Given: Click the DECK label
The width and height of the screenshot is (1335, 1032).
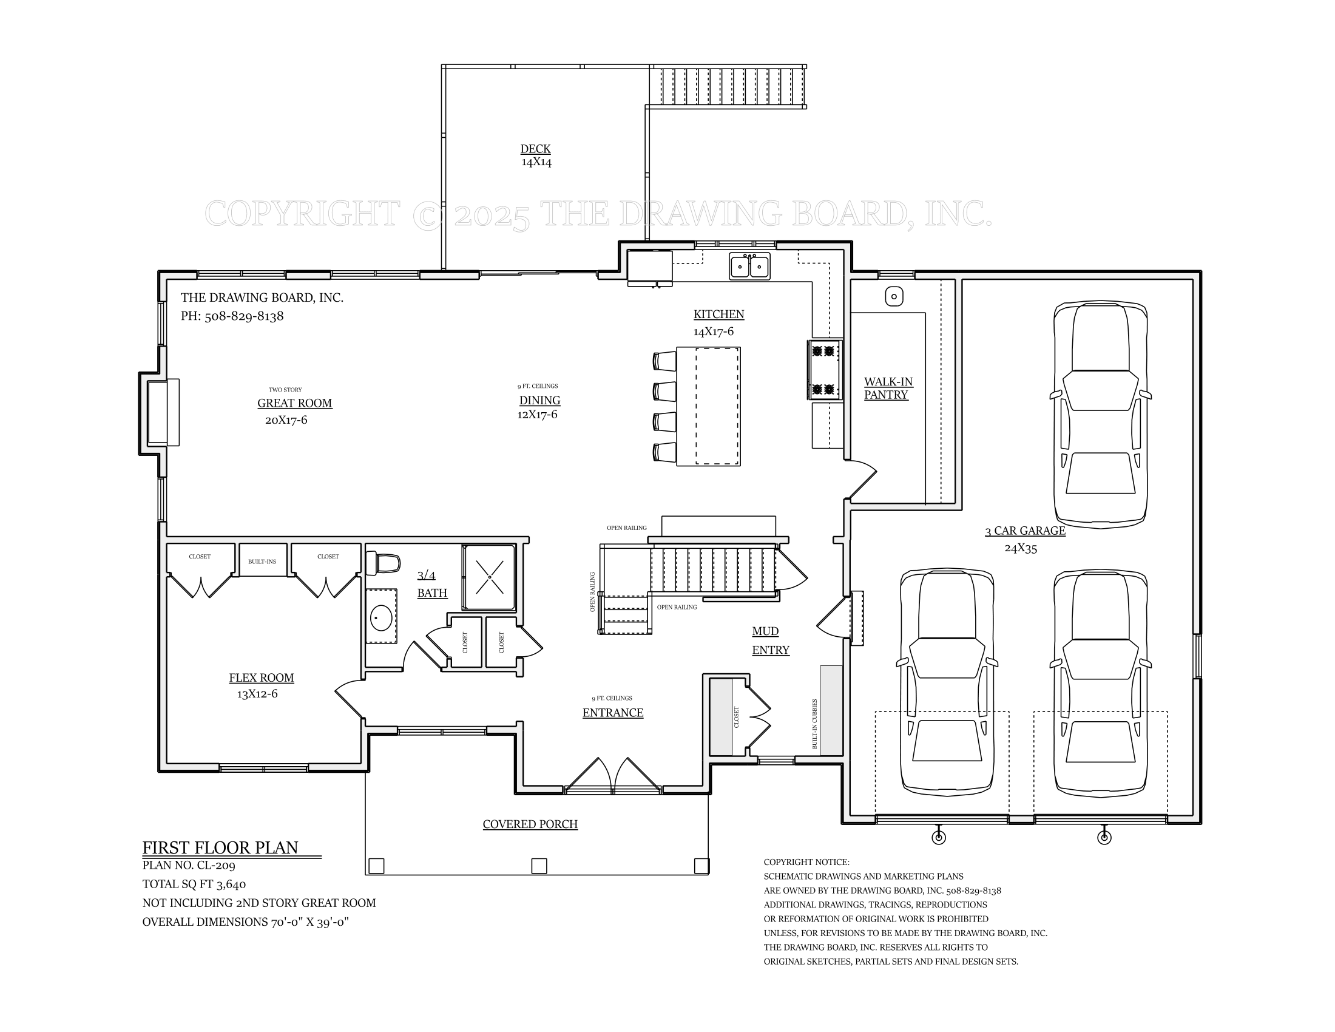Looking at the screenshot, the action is pyautogui.click(x=535, y=149).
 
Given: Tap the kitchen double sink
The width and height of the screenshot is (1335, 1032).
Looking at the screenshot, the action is pyautogui.click(x=749, y=266).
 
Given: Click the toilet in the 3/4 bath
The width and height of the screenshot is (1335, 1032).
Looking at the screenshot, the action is pyautogui.click(x=383, y=563).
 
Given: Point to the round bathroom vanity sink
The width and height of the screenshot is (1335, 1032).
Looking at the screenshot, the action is pyautogui.click(x=382, y=617).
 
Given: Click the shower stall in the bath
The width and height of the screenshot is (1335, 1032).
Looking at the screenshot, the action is pyautogui.click(x=489, y=577).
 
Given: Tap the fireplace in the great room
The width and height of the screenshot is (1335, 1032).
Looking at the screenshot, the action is pyautogui.click(x=160, y=412).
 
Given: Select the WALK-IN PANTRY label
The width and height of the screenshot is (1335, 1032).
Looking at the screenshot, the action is pyautogui.click(x=888, y=389).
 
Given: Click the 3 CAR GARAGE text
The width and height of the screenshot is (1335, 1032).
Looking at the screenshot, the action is pyautogui.click(x=1025, y=531).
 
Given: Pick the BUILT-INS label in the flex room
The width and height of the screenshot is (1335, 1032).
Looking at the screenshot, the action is pyautogui.click(x=262, y=562).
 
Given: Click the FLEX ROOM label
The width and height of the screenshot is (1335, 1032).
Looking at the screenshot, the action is pyautogui.click(x=262, y=677).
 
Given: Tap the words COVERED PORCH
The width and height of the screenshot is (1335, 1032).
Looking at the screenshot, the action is pyautogui.click(x=530, y=824).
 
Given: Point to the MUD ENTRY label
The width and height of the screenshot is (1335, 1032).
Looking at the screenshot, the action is pyautogui.click(x=770, y=640).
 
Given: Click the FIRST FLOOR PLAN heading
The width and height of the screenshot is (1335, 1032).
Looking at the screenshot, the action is pyautogui.click(x=220, y=847).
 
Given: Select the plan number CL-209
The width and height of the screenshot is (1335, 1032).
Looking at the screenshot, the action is pyautogui.click(x=216, y=865).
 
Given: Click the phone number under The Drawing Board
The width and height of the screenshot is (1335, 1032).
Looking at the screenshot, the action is pyautogui.click(x=244, y=316).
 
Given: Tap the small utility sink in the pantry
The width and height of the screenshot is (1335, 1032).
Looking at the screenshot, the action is pyautogui.click(x=894, y=296).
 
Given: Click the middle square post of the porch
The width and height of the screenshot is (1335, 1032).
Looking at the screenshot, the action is pyautogui.click(x=539, y=866).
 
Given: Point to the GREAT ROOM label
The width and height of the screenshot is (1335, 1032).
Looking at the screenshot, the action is pyautogui.click(x=295, y=403).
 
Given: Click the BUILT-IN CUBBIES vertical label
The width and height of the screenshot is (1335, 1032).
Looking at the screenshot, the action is pyautogui.click(x=815, y=724).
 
